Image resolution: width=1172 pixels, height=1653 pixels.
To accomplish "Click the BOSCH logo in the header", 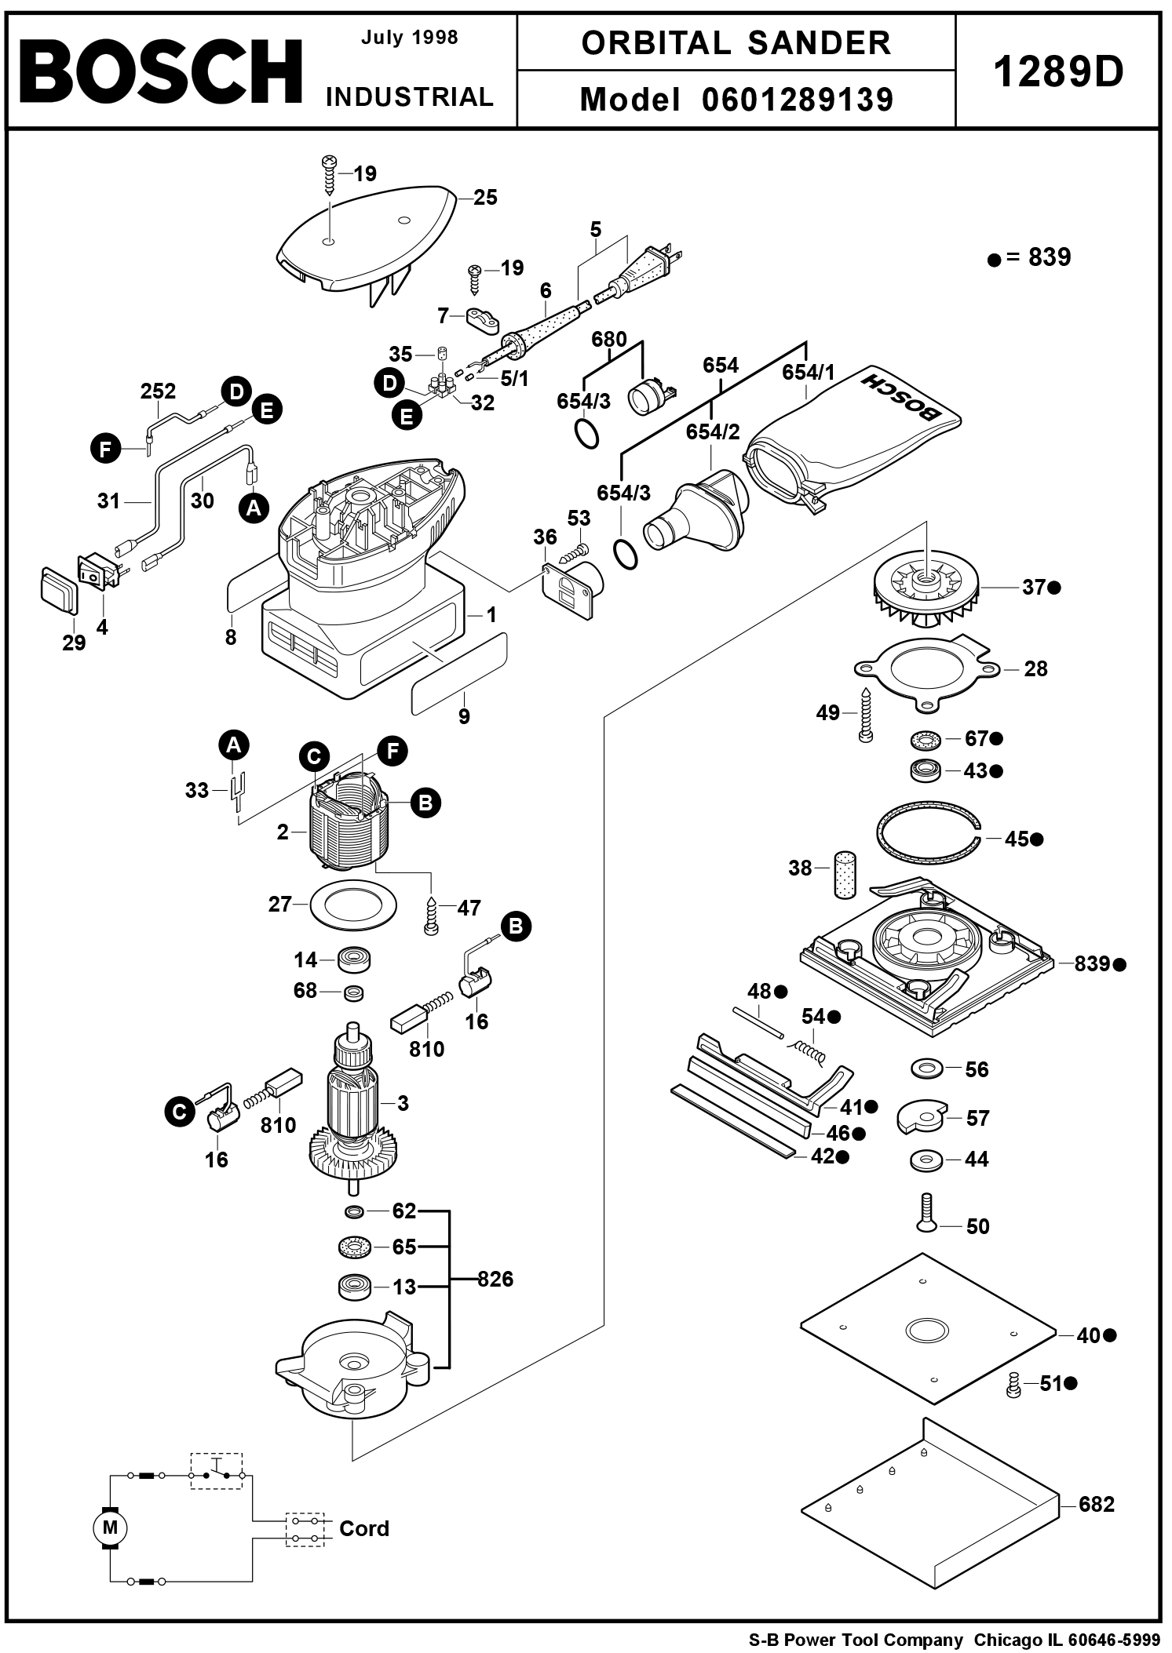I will pyautogui.click(x=162, y=72).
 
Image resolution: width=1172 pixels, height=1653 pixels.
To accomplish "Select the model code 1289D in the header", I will pyautogui.click(x=1057, y=72).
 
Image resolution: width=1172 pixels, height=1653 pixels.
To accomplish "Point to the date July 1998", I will pyautogui.click(x=409, y=38).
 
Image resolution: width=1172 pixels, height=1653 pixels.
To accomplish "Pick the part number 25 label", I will pyautogui.click(x=485, y=198).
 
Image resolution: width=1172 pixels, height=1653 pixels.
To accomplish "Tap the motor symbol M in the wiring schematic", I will pyautogui.click(x=110, y=1527).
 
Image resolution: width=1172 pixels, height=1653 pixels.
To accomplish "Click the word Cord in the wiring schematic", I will pyautogui.click(x=363, y=1528).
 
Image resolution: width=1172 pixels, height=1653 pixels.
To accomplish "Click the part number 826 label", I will pyautogui.click(x=495, y=1279).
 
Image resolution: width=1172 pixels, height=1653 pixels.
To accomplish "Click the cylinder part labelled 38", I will pyautogui.click(x=843, y=873).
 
